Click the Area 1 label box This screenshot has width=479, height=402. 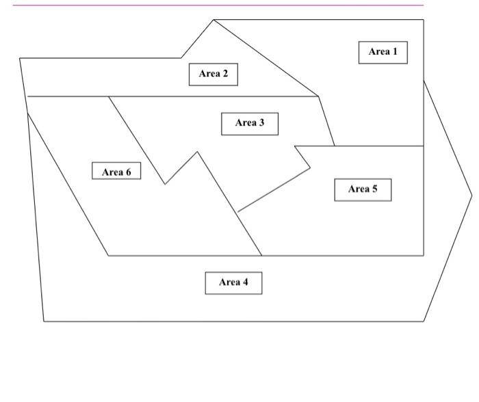pos(383,52)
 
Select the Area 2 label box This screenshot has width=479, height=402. pos(213,74)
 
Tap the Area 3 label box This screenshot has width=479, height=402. pos(250,123)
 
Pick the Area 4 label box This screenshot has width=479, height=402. pos(233,282)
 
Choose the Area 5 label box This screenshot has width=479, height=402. pos(363,189)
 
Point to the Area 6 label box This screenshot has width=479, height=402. pos(116,172)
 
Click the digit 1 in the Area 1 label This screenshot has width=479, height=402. pos(394,52)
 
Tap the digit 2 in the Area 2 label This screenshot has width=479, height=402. pos(224,74)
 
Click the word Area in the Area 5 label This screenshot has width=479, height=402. pos(358,189)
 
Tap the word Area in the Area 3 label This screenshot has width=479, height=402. pos(245,123)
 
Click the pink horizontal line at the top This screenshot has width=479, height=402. pos(219,5)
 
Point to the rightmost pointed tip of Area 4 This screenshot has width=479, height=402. pos(471,196)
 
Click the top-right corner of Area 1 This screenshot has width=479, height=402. pos(424,20)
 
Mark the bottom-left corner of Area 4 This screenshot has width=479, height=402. pos(44,321)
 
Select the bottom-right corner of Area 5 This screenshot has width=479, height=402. pos(424,256)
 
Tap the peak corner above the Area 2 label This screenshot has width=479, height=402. pos(213,20)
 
